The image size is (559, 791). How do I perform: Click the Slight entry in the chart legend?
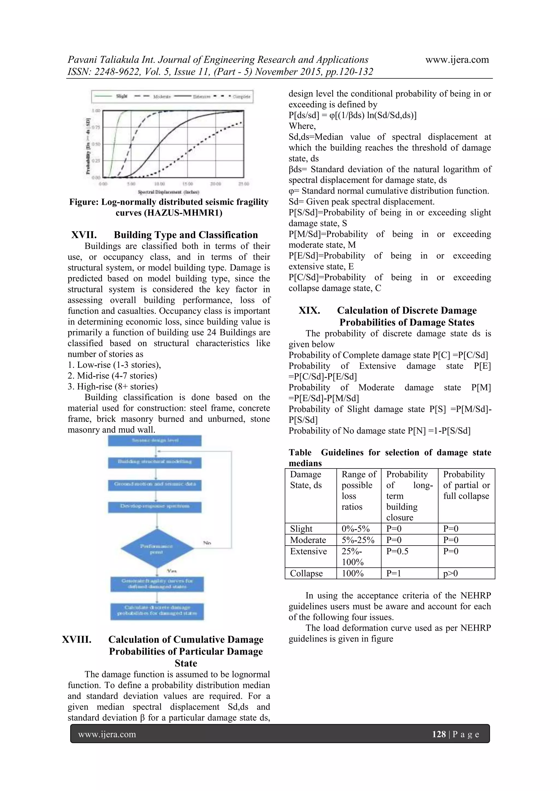tap(121, 96)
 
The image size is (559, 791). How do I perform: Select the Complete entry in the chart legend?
tap(241, 97)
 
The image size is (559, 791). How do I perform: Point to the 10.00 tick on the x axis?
tap(159, 184)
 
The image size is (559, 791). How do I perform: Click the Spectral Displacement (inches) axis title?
tap(168, 192)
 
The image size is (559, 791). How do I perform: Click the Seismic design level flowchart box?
tap(155, 440)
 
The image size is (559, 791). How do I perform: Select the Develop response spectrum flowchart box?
tap(155, 506)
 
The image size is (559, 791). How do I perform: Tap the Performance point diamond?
tap(157, 549)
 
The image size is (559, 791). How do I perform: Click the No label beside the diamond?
tap(207, 543)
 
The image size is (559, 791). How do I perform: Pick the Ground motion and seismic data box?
tap(155, 484)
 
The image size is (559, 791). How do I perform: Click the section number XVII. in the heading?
tap(84, 235)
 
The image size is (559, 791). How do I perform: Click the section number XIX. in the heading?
tap(309, 310)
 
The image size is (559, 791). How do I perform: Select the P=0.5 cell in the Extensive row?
tap(397, 551)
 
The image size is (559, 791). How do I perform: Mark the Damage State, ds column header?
tap(305, 479)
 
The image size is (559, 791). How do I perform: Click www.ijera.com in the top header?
tap(457, 60)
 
